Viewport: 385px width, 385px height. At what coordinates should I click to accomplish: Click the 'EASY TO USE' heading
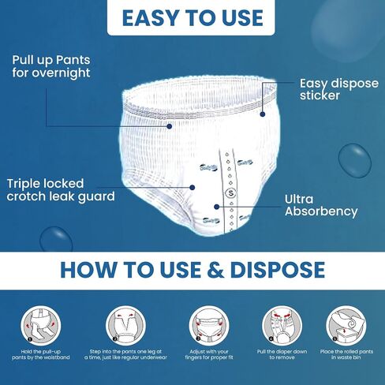click(x=192, y=18)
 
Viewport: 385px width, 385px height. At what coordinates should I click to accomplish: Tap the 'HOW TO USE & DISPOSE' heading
click(x=192, y=270)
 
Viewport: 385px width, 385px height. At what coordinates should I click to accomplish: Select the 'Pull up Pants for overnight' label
click(x=51, y=66)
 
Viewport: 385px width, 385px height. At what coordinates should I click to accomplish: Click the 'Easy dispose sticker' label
click(x=339, y=89)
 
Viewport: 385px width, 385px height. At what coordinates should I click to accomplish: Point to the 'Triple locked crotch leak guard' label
click(x=61, y=190)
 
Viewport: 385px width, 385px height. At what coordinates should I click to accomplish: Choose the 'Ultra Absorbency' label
click(x=321, y=206)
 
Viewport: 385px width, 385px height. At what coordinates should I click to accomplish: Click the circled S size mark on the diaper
click(x=231, y=193)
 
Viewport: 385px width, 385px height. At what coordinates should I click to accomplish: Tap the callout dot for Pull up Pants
click(x=170, y=126)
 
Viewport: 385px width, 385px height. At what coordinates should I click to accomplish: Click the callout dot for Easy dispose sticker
click(x=263, y=114)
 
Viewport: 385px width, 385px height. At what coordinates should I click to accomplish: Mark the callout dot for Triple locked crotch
click(x=192, y=188)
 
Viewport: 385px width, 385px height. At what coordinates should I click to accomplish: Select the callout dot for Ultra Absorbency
click(x=216, y=207)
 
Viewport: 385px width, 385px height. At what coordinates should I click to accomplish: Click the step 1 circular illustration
click(x=41, y=326)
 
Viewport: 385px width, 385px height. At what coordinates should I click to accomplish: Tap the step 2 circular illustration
click(x=125, y=326)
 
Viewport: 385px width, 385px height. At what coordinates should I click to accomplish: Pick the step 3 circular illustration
click(x=209, y=326)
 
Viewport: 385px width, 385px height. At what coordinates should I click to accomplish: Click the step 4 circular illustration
click(x=282, y=326)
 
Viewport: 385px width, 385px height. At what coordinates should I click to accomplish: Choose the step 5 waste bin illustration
click(x=346, y=326)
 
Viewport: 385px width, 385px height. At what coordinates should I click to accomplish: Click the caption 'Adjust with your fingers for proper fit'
click(x=209, y=354)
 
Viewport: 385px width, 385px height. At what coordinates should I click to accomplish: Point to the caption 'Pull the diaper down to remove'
click(x=282, y=354)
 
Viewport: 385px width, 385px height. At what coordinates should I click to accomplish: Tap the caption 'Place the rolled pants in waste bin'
click(x=346, y=354)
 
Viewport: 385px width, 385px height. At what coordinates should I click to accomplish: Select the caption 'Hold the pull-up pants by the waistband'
click(x=41, y=354)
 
